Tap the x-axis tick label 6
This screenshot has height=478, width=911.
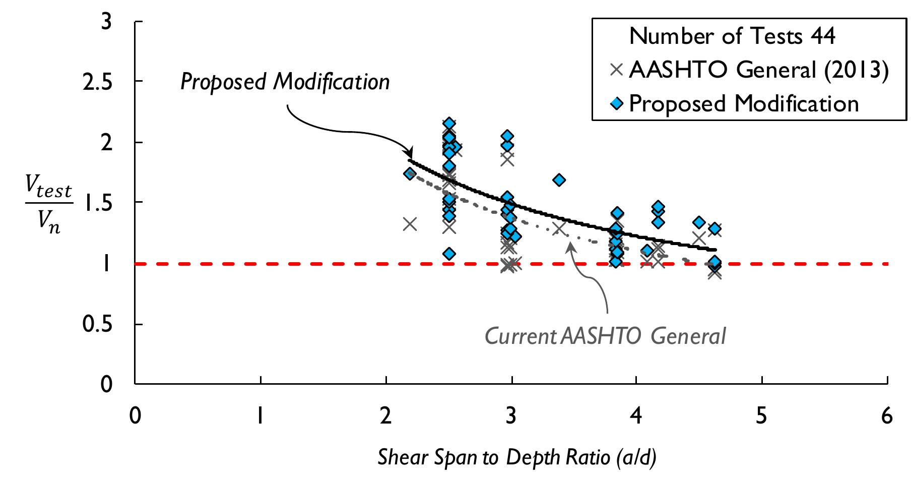[x=887, y=416]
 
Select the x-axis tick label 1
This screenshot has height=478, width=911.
[x=259, y=416]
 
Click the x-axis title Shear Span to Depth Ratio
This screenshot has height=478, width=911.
[x=517, y=457]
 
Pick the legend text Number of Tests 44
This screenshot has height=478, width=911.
[x=732, y=36]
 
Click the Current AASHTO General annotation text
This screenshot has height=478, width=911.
[x=605, y=336]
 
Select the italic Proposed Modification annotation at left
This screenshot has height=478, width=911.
[x=285, y=82]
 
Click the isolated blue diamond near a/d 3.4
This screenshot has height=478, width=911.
[x=559, y=180]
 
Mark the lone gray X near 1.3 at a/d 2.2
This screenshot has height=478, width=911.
[x=410, y=224]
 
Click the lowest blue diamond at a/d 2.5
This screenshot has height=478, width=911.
[x=449, y=254]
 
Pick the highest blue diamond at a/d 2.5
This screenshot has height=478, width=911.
[x=449, y=124]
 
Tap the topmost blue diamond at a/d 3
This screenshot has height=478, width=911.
[x=507, y=136]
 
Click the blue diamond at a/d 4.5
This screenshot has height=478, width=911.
[x=698, y=222]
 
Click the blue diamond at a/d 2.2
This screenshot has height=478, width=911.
[x=410, y=173]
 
